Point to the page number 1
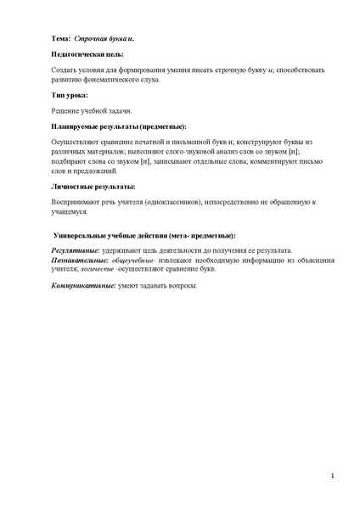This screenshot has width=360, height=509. (x=332, y=476)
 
